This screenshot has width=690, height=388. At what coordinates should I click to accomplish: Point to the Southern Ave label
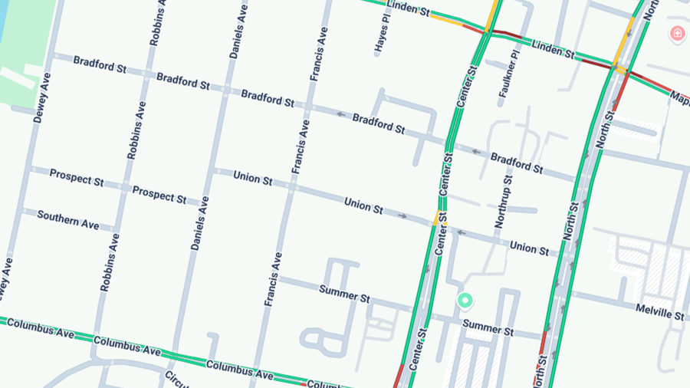[x=68, y=220]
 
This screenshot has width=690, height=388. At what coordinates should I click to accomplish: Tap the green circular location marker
[x=464, y=301]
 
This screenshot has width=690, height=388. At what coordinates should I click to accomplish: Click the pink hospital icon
[x=677, y=33]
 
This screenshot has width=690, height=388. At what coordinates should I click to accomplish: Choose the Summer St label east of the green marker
[x=488, y=328]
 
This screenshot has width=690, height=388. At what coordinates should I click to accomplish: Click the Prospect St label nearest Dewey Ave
[x=77, y=178]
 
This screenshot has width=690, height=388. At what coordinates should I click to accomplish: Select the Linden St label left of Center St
[x=409, y=8]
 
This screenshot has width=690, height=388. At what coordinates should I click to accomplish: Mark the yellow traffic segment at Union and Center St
[x=436, y=218]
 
